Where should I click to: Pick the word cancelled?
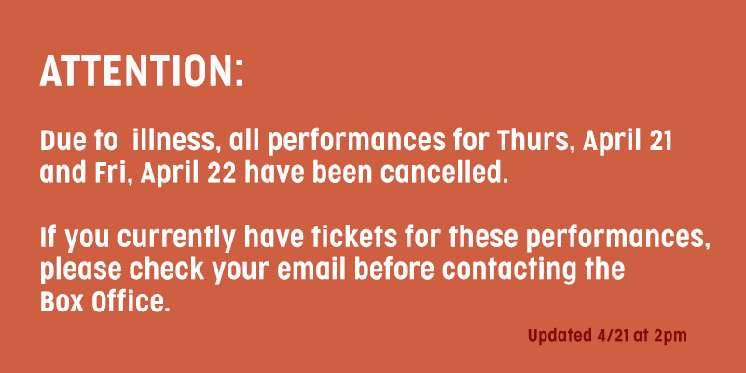pos(441,173)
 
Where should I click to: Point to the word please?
pos(81,270)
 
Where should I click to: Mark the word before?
pos(394,269)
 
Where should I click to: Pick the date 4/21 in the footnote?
pos(612,336)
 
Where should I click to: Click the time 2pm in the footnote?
pos(670,337)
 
